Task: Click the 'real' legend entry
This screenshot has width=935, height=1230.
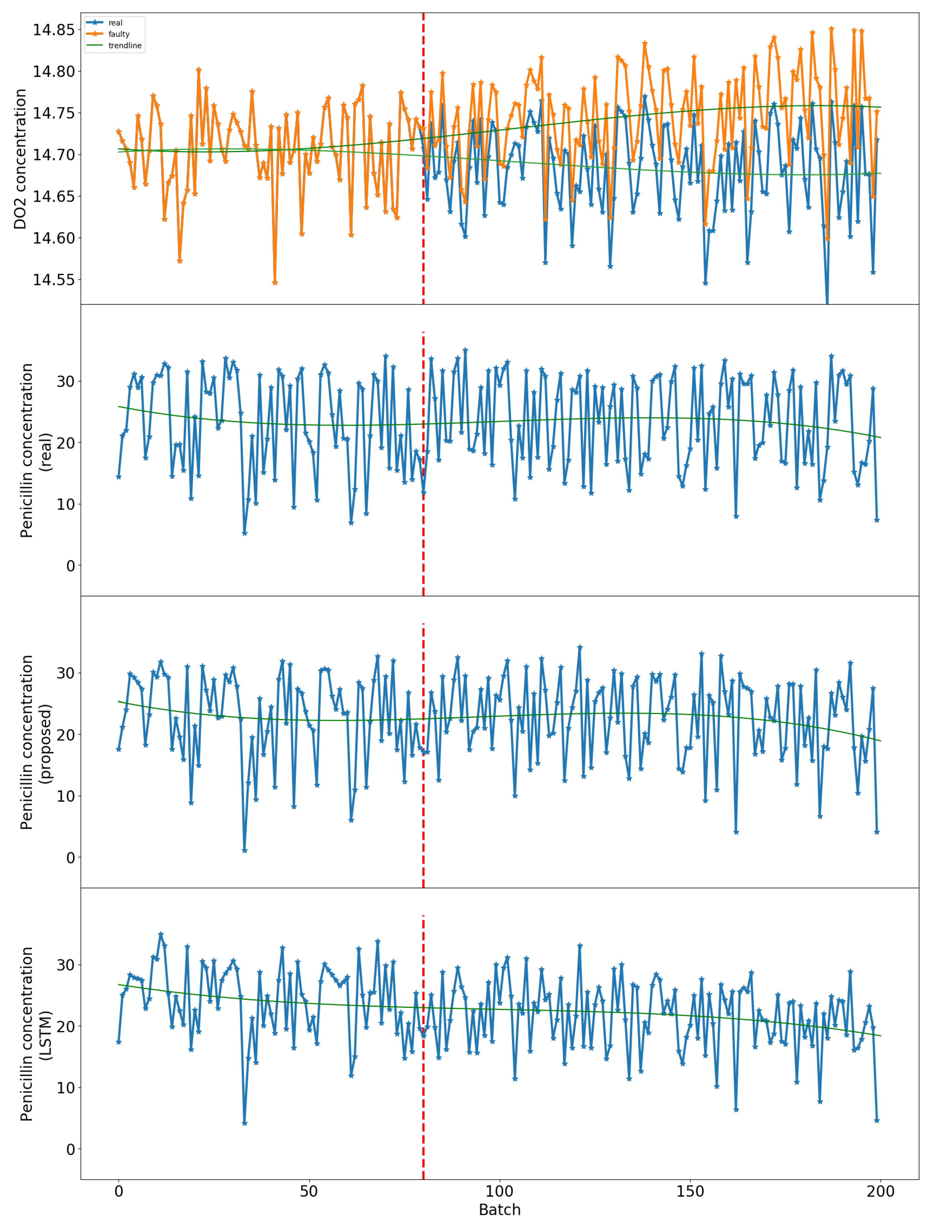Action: [x=115, y=23]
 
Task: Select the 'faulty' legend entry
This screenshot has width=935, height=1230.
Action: [x=119, y=34]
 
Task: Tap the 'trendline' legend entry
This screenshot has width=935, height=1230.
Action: [x=125, y=46]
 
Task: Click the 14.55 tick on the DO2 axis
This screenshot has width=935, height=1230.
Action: [x=53, y=279]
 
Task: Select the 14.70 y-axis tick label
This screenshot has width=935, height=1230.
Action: [x=53, y=155]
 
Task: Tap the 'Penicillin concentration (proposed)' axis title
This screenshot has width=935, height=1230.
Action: [x=34, y=742]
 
